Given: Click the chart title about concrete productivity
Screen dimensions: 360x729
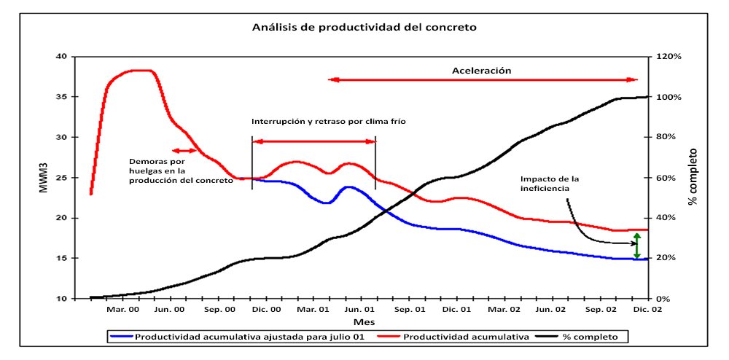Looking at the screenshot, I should tap(364, 28).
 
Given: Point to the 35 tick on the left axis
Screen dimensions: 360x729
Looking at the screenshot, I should tap(61, 97).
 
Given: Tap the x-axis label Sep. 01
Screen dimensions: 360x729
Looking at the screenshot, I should tap(410, 310).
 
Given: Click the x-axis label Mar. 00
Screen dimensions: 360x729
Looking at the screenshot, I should tap(123, 310).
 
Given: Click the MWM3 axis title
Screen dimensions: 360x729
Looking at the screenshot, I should tap(42, 179).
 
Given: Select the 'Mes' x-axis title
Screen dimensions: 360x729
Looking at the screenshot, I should tap(364, 322).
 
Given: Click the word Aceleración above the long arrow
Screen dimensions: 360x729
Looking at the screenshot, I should tap(482, 70).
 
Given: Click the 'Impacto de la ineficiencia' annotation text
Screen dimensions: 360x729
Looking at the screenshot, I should tap(550, 184).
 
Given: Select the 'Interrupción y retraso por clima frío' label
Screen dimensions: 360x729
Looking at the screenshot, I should tap(328, 122).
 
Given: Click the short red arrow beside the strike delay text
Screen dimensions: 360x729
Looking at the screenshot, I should tap(184, 150).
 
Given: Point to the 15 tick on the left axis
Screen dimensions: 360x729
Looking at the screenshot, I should tap(61, 259).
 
